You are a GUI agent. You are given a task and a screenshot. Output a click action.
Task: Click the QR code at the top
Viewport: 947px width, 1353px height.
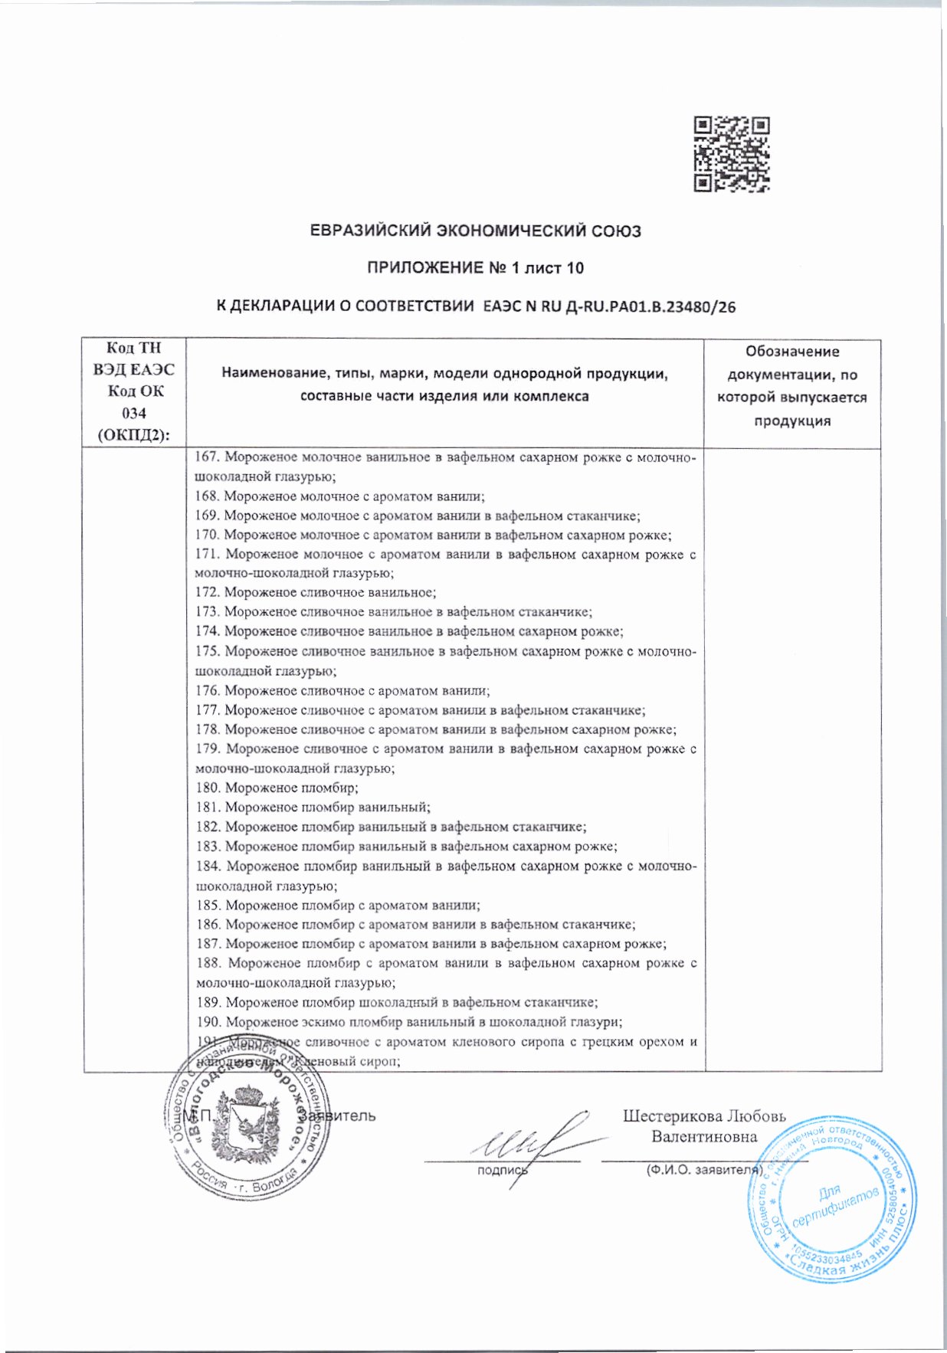point(731,154)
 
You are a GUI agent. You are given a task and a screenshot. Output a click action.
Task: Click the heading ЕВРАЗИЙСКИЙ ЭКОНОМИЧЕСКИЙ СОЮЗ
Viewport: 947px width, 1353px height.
point(475,231)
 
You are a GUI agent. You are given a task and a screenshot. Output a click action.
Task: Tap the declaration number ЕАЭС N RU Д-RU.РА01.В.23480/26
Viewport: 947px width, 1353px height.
point(610,307)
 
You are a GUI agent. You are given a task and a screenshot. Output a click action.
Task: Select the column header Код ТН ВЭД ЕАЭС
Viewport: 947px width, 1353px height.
point(134,369)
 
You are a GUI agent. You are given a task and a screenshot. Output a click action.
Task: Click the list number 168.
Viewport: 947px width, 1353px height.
point(207,496)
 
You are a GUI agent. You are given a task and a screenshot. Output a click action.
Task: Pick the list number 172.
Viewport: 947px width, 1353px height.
point(207,592)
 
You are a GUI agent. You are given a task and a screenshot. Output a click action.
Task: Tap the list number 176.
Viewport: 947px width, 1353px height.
point(207,690)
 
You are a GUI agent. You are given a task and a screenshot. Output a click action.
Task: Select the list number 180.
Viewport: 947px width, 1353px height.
point(208,788)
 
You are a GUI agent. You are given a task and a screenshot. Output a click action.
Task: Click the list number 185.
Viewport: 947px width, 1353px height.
point(208,905)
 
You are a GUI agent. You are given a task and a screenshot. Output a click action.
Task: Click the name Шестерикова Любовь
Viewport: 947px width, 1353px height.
point(704,1116)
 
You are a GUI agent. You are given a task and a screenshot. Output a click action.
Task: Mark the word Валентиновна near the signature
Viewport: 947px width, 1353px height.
point(704,1136)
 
